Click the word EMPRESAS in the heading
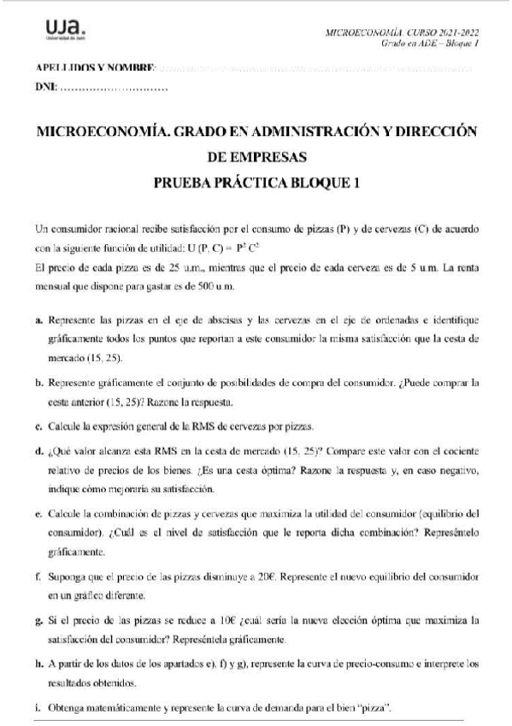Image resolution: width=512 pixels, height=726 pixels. [x=257, y=157]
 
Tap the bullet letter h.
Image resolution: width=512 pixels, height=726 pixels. [x=39, y=664]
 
